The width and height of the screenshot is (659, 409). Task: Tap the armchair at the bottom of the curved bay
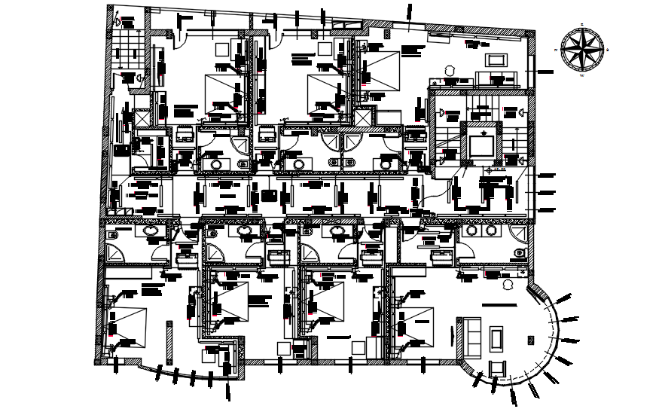pos(496,368)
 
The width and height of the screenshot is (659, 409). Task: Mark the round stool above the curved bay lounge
pos(508,285)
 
